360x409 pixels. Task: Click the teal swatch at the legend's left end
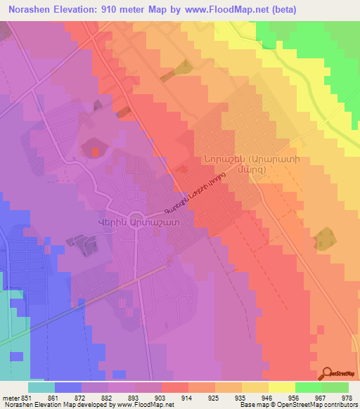pyautogui.click(x=41, y=387)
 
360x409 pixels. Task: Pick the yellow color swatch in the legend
pyautogui.click(x=282, y=387)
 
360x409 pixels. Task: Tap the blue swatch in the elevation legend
pyautogui.click(x=68, y=387)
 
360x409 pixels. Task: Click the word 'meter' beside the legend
pyautogui.click(x=10, y=397)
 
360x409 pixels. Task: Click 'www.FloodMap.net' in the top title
pyautogui.click(x=215, y=10)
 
